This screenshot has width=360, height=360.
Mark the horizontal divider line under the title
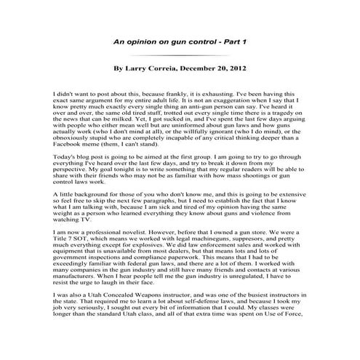point(179,55)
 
